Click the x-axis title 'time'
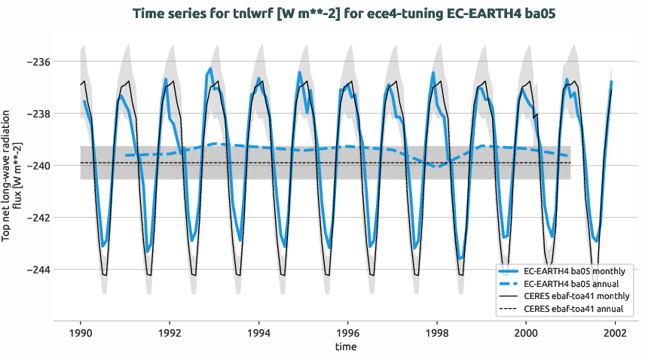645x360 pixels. coord(347,347)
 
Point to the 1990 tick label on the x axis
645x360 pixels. coord(81,332)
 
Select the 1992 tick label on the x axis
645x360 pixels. coord(170,332)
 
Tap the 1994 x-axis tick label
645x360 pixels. coord(258,332)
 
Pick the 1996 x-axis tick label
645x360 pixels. coord(347,332)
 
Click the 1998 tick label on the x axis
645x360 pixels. coord(436,332)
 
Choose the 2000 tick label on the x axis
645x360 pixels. coord(526,332)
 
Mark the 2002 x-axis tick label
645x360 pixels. coord(615,332)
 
